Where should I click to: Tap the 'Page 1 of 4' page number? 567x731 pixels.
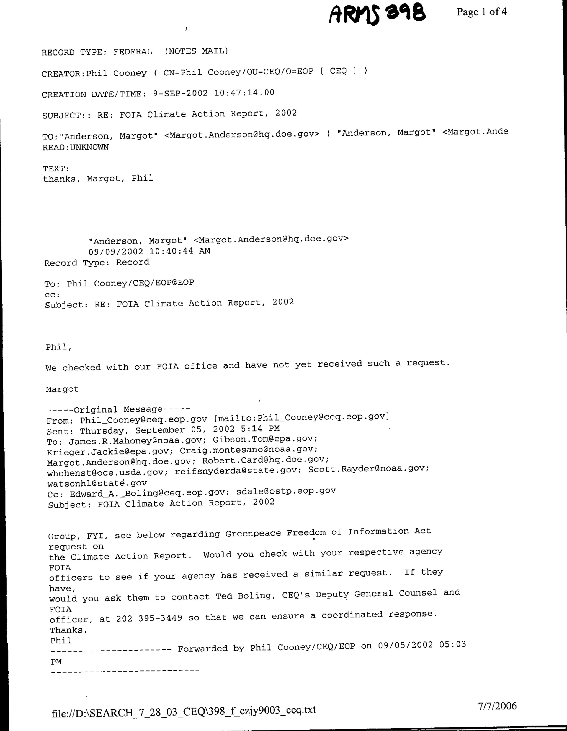[481, 12]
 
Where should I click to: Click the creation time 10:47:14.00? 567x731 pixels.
[244, 93]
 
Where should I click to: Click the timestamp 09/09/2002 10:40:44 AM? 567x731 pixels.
[149, 251]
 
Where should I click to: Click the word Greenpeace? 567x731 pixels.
[253, 534]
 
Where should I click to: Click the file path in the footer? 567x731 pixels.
[184, 711]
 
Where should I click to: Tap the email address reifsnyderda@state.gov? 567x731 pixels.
[236, 471]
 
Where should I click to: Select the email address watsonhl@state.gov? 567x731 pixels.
[97, 483]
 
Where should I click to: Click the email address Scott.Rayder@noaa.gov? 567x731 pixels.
[368, 469]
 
